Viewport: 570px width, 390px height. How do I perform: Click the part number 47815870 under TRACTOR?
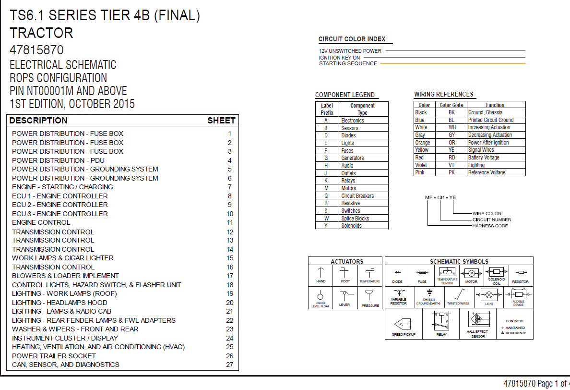[37, 50]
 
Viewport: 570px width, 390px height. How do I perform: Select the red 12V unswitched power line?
[455, 50]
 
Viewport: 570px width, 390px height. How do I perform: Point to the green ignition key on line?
[444, 57]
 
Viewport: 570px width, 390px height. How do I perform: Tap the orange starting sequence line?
[452, 64]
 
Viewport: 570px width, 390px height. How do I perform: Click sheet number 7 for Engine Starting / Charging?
[230, 187]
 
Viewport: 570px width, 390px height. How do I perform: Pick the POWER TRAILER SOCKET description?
[54, 356]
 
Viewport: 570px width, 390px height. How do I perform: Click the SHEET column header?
[221, 121]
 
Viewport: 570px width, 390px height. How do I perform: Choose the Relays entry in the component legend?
[348, 181]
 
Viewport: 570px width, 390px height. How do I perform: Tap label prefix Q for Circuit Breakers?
[326, 196]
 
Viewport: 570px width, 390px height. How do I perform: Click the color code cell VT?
[451, 165]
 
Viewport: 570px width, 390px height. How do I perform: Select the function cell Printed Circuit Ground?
[491, 120]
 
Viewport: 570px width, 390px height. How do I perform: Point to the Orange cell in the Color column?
[423, 142]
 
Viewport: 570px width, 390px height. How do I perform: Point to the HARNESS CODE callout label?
[490, 226]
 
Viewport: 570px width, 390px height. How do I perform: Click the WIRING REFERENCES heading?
[443, 94]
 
